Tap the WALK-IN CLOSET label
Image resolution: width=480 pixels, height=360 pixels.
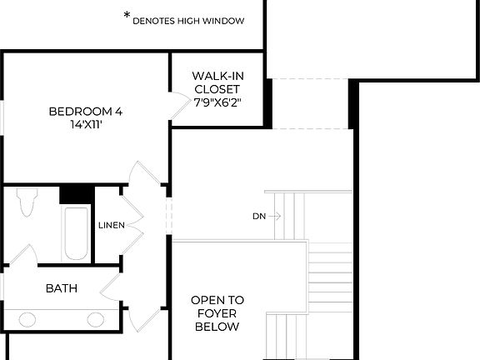point(216,82)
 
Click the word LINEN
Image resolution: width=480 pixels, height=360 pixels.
point(111,225)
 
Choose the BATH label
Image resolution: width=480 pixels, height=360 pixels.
point(62,288)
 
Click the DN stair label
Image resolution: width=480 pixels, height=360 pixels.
point(259,217)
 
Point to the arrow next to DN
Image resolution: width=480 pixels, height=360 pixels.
point(276,217)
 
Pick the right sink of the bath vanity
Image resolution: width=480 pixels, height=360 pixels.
point(96,319)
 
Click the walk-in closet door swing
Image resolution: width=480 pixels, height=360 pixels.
point(179,104)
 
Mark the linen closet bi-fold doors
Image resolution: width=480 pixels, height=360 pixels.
point(131,221)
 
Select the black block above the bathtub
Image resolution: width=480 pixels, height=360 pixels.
point(75,193)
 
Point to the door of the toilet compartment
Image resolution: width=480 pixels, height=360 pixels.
point(25,254)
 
